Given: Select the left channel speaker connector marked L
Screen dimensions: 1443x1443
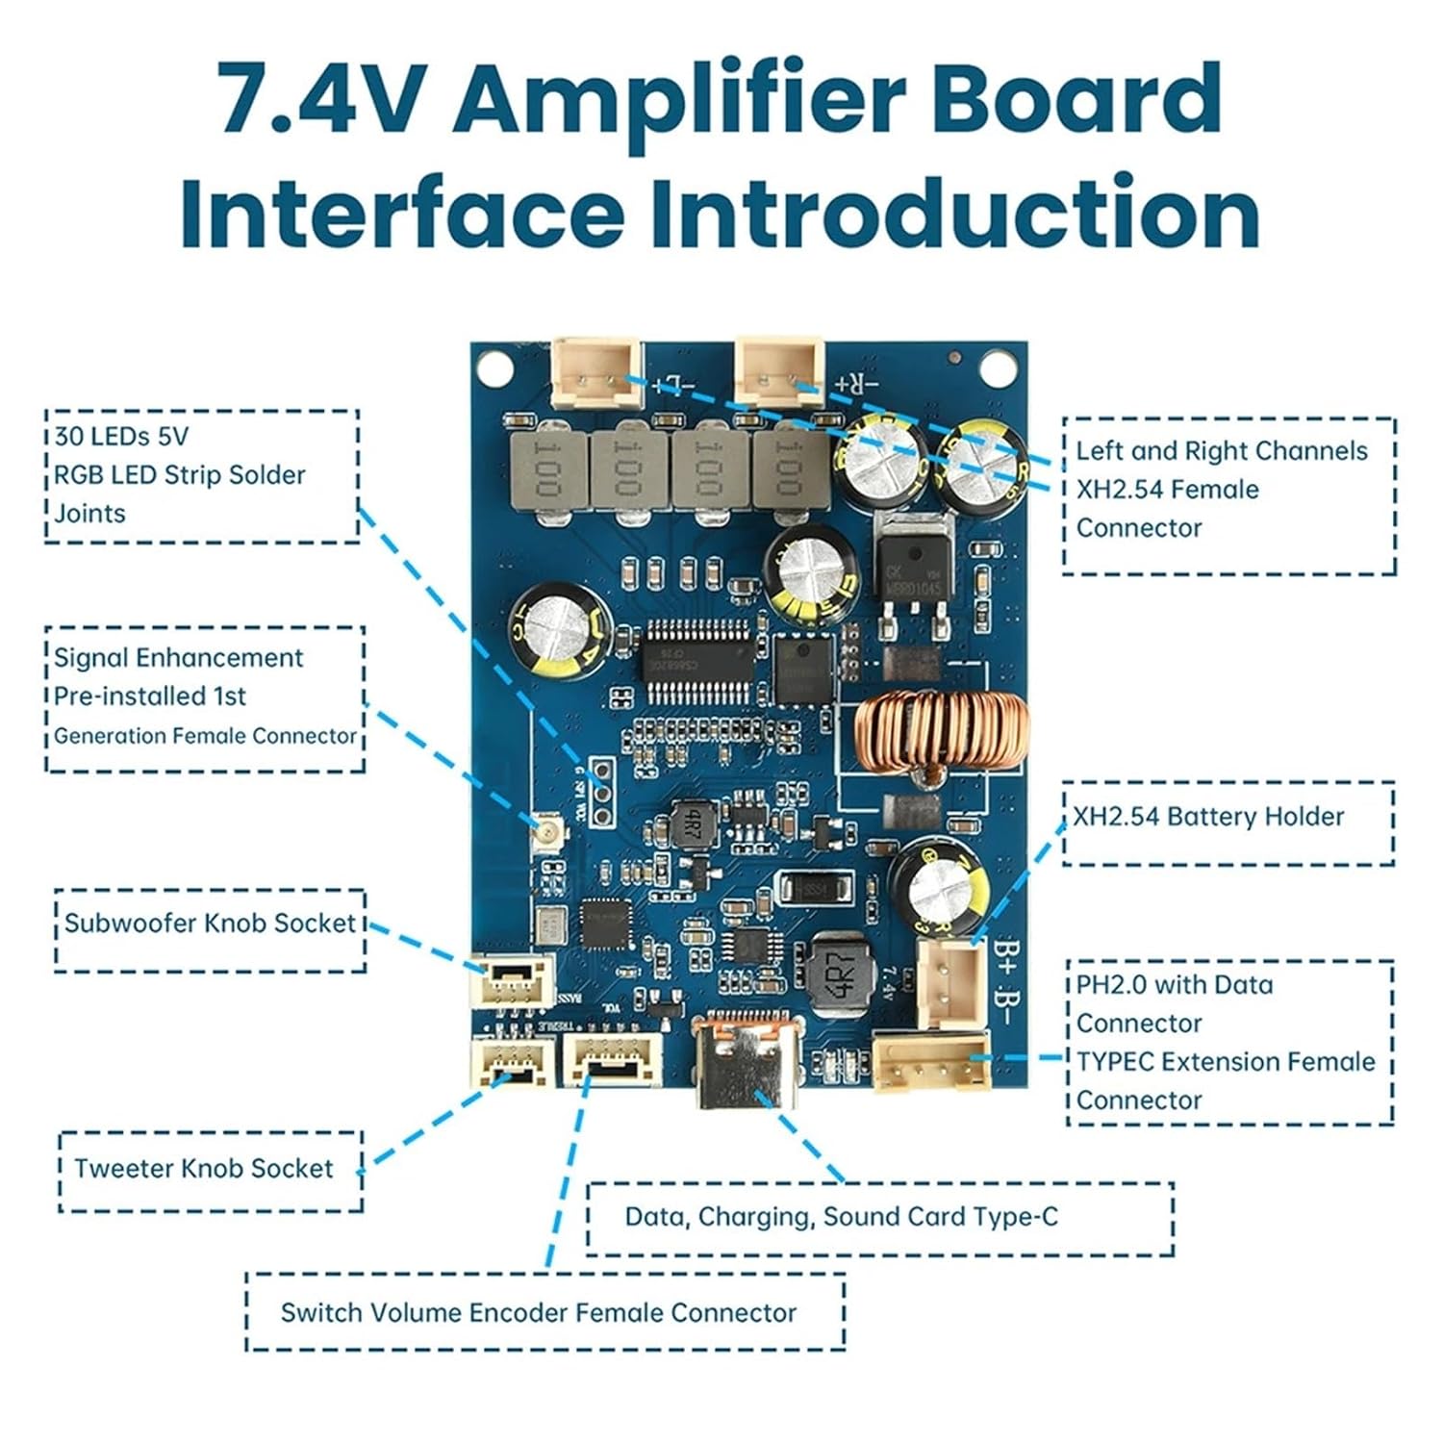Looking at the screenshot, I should click(x=596, y=372).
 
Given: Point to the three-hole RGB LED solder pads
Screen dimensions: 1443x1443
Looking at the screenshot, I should click(x=603, y=792).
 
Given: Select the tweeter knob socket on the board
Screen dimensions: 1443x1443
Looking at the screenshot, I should click(x=511, y=1063).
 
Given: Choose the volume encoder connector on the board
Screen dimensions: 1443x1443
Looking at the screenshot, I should click(x=613, y=1058).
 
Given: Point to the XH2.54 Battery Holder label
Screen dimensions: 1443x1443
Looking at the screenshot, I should click(x=1207, y=817).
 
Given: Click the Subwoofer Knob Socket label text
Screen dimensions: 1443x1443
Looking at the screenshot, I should click(x=210, y=924).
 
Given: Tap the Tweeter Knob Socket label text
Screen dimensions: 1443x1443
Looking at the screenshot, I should click(x=203, y=1169).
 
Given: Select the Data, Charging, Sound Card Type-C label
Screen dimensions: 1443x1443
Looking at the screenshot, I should click(x=841, y=1217).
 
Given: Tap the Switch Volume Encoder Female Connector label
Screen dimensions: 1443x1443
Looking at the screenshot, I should click(x=539, y=1313).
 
